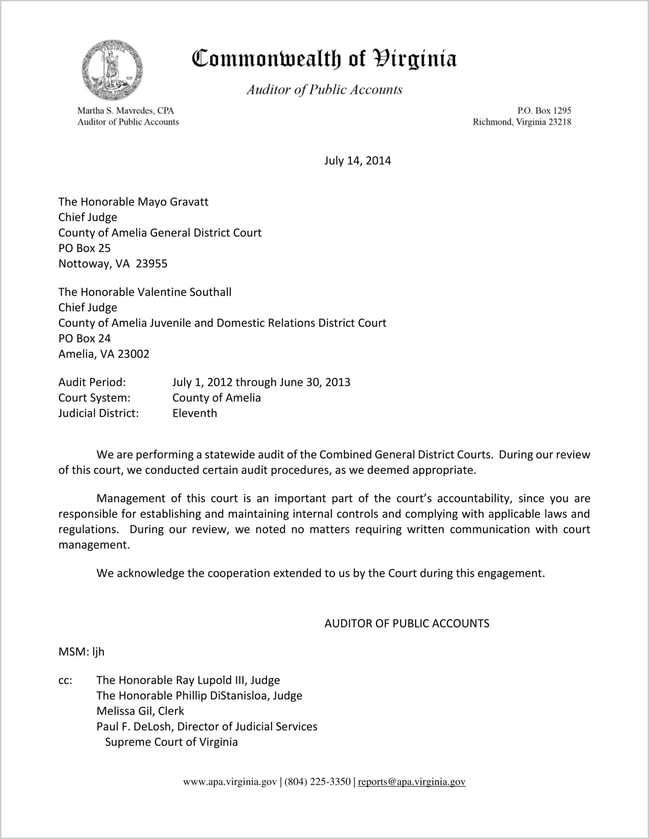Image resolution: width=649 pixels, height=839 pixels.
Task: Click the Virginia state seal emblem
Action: tap(112, 70)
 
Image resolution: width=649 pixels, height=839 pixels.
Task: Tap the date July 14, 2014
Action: tap(357, 161)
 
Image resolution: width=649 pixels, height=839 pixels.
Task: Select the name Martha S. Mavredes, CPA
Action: tap(126, 111)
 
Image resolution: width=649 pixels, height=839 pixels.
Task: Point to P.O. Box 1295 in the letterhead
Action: tap(544, 111)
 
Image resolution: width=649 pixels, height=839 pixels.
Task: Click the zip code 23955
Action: tap(152, 264)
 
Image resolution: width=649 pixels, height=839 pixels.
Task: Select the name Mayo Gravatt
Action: tap(173, 202)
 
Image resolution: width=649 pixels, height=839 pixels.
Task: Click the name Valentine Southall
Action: tap(184, 292)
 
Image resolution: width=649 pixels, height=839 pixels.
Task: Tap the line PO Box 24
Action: tap(85, 338)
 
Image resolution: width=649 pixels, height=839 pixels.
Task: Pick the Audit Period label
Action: tap(92, 382)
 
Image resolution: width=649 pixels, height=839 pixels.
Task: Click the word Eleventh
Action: tap(195, 413)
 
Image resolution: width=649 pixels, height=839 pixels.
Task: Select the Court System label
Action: tap(94, 398)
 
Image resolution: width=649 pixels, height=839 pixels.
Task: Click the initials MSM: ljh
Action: tap(81, 652)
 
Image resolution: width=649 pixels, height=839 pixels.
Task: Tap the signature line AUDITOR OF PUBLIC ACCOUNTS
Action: tap(407, 623)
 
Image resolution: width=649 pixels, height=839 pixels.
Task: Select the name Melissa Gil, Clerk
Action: tap(140, 711)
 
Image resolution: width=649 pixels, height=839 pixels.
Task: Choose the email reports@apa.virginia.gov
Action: tap(411, 782)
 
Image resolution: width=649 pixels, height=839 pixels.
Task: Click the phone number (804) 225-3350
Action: tap(317, 782)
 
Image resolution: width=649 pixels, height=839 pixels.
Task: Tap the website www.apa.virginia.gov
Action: tap(230, 782)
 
